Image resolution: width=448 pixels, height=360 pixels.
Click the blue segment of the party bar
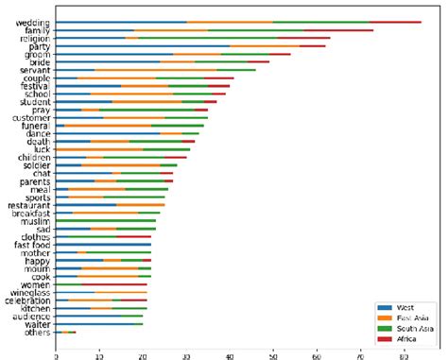143,45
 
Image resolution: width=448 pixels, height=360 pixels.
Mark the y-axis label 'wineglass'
29,291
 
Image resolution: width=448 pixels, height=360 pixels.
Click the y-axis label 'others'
36,332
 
